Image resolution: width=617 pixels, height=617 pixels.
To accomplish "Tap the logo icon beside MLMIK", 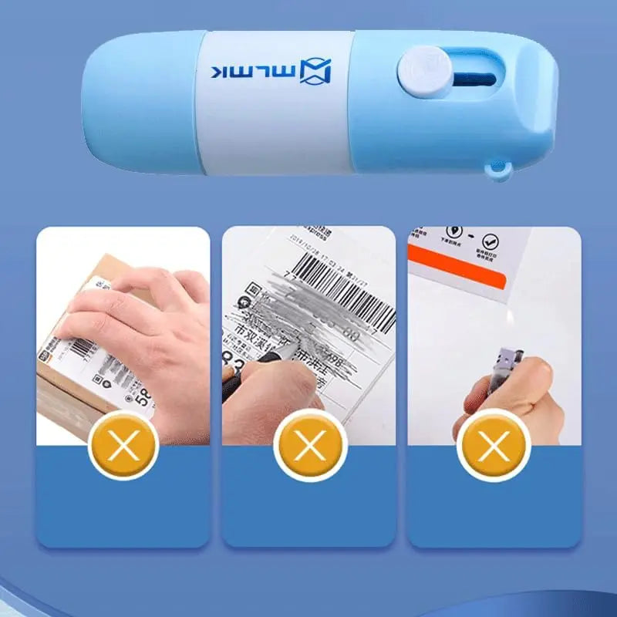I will (x=318, y=72).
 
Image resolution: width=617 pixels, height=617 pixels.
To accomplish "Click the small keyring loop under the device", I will (x=500, y=170).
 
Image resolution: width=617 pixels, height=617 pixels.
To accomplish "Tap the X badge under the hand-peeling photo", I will (x=123, y=445).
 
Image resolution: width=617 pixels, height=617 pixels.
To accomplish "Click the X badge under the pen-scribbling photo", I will (x=308, y=445).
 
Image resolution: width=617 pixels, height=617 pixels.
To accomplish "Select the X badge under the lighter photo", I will (x=493, y=445).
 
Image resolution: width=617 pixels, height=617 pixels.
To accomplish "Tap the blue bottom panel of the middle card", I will (x=308, y=509).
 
